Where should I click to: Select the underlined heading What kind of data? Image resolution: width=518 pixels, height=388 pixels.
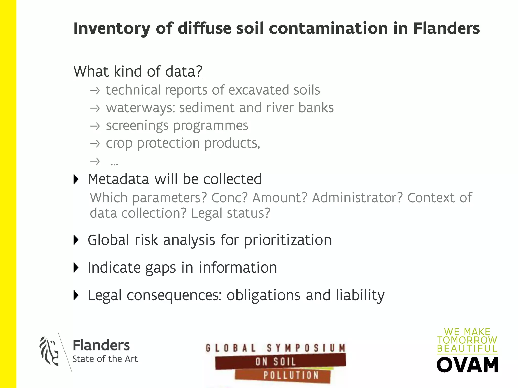[x=138, y=71]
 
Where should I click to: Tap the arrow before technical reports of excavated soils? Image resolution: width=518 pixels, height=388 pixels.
[x=95, y=90]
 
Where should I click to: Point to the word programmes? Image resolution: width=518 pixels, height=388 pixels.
[x=211, y=126]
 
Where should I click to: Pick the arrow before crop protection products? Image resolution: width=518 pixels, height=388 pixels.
[x=95, y=143]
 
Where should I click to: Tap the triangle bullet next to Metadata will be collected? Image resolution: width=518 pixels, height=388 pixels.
[x=76, y=179]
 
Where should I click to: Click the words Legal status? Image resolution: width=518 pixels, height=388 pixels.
[x=231, y=213]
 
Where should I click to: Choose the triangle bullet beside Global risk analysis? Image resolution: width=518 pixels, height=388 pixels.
[x=76, y=240]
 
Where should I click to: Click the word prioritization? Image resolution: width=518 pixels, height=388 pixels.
[x=288, y=240]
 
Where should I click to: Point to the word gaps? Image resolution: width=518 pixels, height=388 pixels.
[x=160, y=268]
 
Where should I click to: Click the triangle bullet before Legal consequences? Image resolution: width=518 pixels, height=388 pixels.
[x=76, y=295]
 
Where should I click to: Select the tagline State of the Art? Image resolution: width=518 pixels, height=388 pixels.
[x=105, y=359]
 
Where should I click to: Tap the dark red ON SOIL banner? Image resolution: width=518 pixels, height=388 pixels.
[x=280, y=361]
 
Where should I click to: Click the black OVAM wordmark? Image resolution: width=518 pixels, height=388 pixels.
[x=467, y=365]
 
